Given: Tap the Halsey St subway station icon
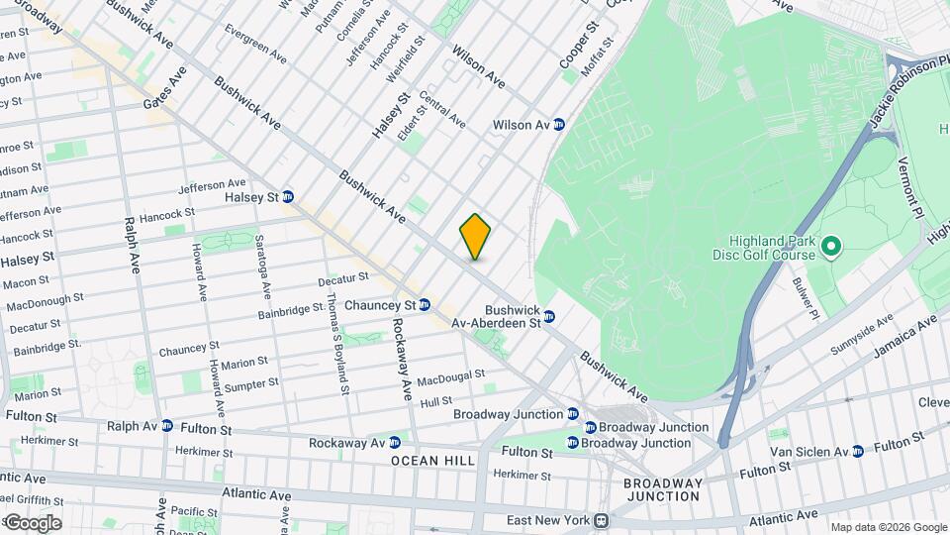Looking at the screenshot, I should pyautogui.click(x=288, y=196).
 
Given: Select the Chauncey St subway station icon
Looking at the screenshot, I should pyautogui.click(x=424, y=305).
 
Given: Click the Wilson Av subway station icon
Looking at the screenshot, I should pyautogui.click(x=559, y=125).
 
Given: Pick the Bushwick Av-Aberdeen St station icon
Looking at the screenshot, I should pyautogui.click(x=549, y=316).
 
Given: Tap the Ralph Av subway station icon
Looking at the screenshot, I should pyautogui.click(x=167, y=426).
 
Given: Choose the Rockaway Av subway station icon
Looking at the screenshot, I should pyautogui.click(x=394, y=442).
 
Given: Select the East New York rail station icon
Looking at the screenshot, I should pyautogui.click(x=600, y=520).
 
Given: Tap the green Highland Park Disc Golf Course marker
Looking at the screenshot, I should pyautogui.click(x=831, y=244).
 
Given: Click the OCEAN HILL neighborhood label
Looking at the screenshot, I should pyautogui.click(x=432, y=461).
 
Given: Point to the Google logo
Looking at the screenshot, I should pyautogui.click(x=32, y=522).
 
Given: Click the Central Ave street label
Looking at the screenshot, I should pyautogui.click(x=442, y=109).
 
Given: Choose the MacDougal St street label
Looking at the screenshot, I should pyautogui.click(x=450, y=378).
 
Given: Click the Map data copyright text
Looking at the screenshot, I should pyautogui.click(x=888, y=527).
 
